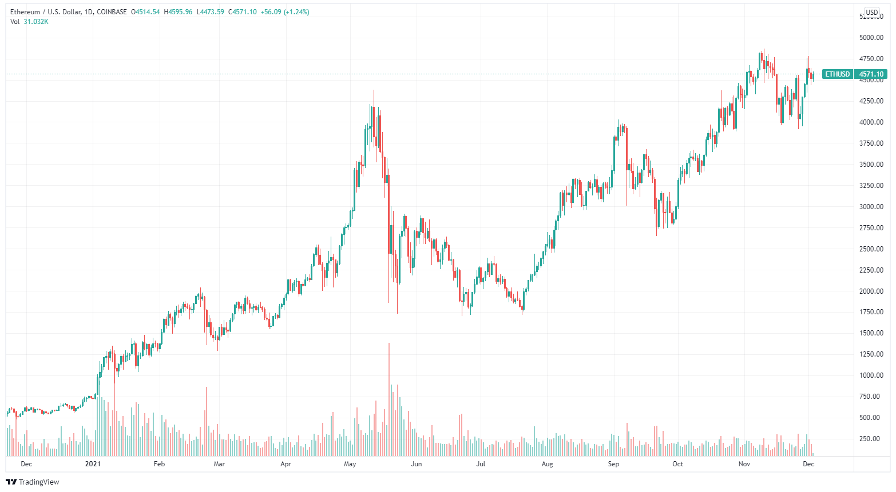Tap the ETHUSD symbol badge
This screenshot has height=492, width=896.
837,74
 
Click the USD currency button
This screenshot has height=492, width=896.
871,12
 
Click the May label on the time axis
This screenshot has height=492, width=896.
350,464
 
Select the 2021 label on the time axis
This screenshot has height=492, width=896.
92,464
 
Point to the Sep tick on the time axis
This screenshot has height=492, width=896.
613,464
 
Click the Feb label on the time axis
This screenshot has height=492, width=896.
159,464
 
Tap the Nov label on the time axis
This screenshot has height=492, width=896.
744,464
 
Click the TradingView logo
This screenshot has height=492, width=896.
33,482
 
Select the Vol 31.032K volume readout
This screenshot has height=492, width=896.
29,22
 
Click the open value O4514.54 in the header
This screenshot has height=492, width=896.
145,12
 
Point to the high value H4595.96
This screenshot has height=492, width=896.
178,12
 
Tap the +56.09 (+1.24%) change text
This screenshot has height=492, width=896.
285,12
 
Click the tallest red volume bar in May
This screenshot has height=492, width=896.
389,400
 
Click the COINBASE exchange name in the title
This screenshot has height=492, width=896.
112,12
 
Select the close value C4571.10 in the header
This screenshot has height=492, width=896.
243,12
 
